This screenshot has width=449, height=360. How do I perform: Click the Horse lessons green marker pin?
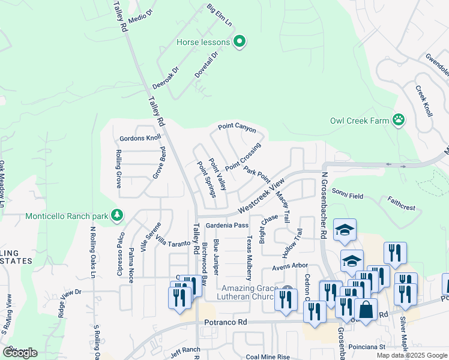240,42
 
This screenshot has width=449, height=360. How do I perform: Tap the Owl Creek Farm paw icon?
398,120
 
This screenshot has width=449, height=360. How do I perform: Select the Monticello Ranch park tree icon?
117,215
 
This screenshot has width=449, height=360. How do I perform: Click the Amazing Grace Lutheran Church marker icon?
288,289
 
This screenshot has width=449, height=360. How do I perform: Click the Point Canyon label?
237,128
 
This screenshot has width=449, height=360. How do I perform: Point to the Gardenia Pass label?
227,226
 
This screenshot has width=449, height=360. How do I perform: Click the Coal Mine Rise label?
268,357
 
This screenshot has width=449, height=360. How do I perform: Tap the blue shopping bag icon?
366,310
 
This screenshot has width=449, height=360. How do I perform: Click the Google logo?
20,353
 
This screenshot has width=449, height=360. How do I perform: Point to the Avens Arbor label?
290,266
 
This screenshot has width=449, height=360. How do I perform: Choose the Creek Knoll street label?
424,101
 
